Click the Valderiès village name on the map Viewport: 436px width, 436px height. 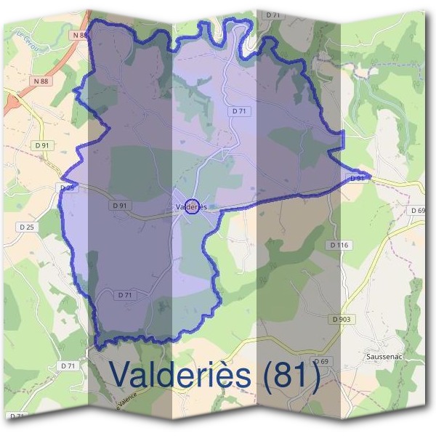point(192,207)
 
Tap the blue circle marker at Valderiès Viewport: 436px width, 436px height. point(192,207)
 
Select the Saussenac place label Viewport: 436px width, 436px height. point(384,358)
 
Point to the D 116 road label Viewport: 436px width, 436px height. point(339,246)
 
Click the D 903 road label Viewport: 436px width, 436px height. point(342,319)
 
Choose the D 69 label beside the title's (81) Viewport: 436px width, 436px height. point(320,361)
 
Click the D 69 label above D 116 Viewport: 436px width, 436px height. point(417,211)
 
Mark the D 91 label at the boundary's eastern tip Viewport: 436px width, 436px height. point(357,178)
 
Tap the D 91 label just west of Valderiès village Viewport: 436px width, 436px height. point(121,206)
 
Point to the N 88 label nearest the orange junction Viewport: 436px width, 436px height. point(41,81)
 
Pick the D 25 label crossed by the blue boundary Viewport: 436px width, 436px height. point(68,187)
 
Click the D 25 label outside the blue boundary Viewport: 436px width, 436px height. point(26,227)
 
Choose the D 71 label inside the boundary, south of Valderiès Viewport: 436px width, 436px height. point(125,294)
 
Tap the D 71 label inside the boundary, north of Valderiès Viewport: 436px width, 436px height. point(240,110)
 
